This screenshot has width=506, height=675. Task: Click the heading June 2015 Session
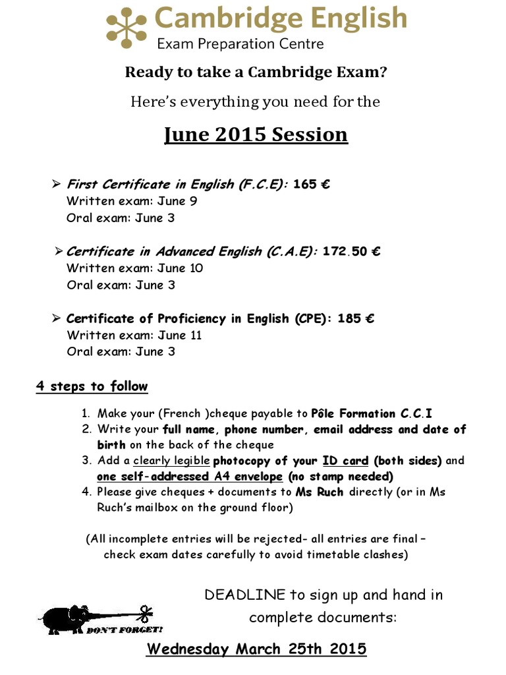pyautogui.click(x=256, y=134)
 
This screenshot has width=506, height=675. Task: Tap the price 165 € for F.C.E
pyautogui.click(x=312, y=184)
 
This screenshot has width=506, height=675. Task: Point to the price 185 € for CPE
pyautogui.click(x=356, y=318)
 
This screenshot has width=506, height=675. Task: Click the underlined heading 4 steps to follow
pyautogui.click(x=92, y=386)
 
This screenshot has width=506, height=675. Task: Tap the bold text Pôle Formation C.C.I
pyautogui.click(x=372, y=414)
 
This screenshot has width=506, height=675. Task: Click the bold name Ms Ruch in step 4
pyautogui.click(x=320, y=492)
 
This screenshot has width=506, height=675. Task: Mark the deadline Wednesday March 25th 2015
pyautogui.click(x=256, y=649)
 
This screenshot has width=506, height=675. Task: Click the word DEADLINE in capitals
pyautogui.click(x=245, y=595)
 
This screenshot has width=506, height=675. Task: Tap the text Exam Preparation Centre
pyautogui.click(x=240, y=45)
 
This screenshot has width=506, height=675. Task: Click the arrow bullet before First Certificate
pyautogui.click(x=56, y=184)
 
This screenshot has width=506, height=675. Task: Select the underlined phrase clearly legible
pyautogui.click(x=171, y=461)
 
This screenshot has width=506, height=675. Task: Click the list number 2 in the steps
pyautogui.click(x=86, y=430)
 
